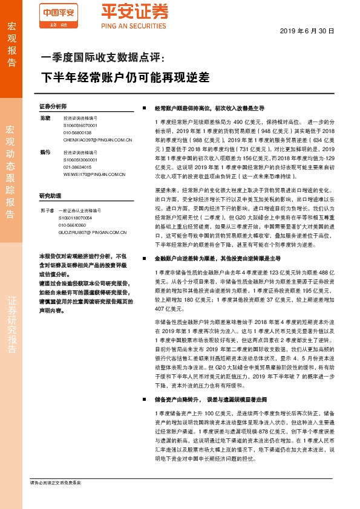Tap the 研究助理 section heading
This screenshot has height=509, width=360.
click(x=50, y=196)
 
